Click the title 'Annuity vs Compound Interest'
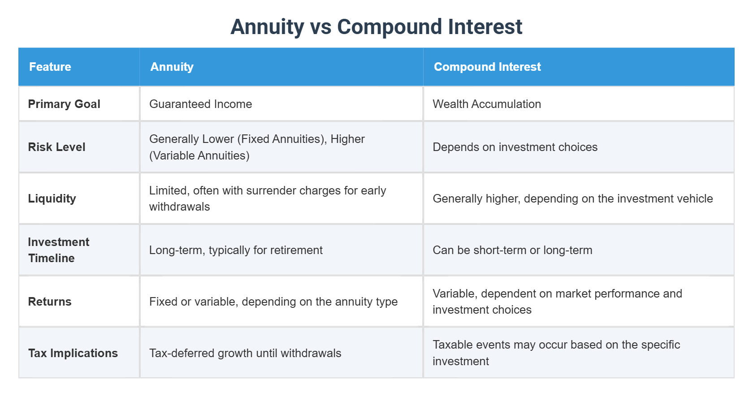[376, 27]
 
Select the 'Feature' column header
[50, 67]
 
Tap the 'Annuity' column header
[172, 67]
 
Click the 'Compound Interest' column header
[487, 67]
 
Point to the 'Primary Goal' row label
[64, 104]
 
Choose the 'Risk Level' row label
[56, 147]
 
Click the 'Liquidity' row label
[52, 198]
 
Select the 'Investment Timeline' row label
[58, 250]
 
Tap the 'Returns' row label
[50, 302]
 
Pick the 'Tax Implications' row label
[73, 353]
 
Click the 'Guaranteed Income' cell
[200, 104]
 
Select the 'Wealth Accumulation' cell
[487, 104]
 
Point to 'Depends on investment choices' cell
[515, 147]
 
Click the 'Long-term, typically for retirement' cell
[236, 250]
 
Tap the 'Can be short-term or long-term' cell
[512, 250]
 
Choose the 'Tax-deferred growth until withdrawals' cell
[245, 353]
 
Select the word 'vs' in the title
[320, 27]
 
